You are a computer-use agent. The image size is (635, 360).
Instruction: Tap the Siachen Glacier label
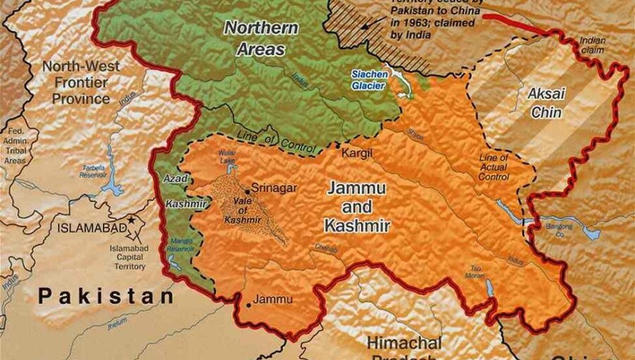pyautogui.click(x=368, y=79)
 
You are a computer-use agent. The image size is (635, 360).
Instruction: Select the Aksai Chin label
pyautogui.click(x=545, y=102)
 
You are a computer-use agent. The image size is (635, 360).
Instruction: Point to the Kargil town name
pyautogui.click(x=356, y=152)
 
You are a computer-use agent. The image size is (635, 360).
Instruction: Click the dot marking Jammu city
pyautogui.click(x=248, y=305)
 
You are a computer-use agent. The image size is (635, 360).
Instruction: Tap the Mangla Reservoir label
pyautogui.click(x=180, y=245)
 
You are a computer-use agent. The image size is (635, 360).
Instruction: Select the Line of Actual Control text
pyautogui.click(x=493, y=167)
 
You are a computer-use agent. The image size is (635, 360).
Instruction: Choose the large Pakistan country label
pyautogui.click(x=106, y=296)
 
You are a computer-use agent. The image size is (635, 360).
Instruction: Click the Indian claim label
pyautogui.click(x=593, y=46)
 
